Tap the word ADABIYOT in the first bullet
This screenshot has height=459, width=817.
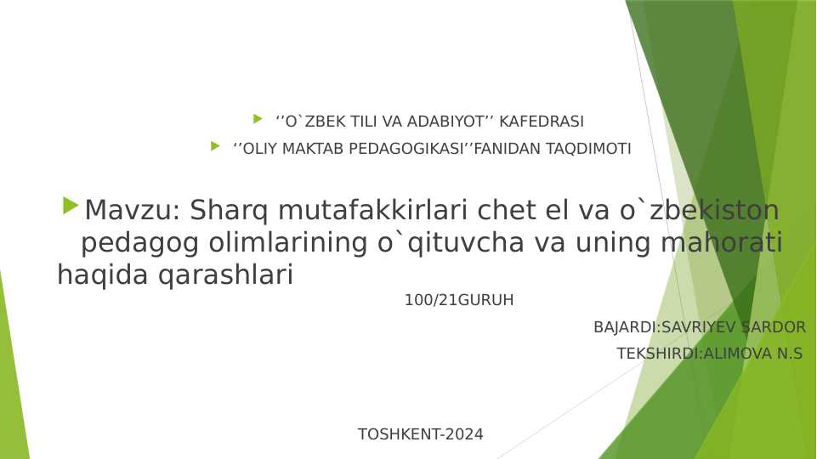pyautogui.click(x=441, y=122)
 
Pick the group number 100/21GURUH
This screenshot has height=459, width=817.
pyautogui.click(x=459, y=300)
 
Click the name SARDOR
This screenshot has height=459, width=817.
pyautogui.click(x=773, y=327)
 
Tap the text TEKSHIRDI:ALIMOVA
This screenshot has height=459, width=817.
pyautogui.click(x=694, y=354)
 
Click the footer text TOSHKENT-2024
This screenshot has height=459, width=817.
pyautogui.click(x=421, y=434)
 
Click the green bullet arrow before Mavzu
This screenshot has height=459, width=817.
pyautogui.click(x=71, y=206)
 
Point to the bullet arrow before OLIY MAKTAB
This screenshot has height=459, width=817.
pyautogui.click(x=215, y=146)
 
